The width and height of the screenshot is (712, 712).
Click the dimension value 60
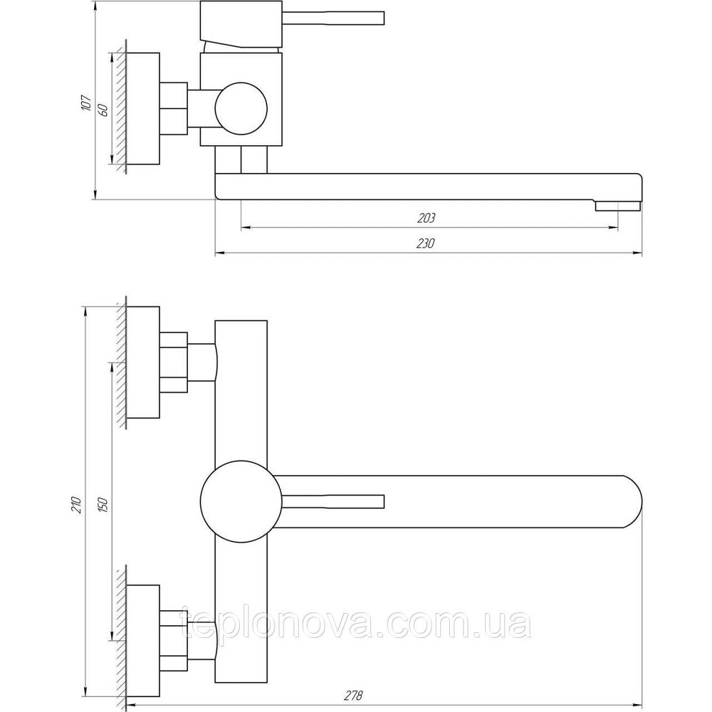tap(103, 110)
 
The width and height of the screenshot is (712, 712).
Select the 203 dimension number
tap(426, 219)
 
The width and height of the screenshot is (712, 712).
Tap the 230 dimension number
tap(426, 244)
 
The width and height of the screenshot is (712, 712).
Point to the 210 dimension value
tap(76, 505)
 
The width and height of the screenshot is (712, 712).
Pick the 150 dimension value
tap(103, 505)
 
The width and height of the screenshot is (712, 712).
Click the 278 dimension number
tap(355, 695)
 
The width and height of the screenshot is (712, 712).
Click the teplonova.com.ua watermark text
tap(355, 624)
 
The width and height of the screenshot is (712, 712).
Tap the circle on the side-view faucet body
tap(241, 109)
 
